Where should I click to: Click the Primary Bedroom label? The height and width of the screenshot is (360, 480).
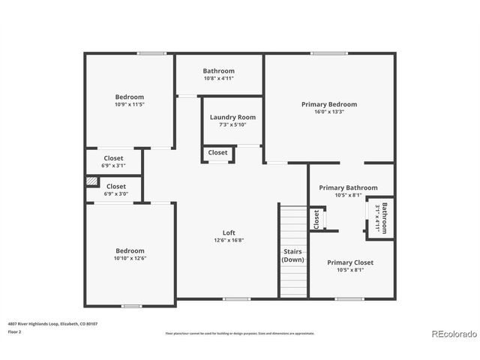(x=329, y=104)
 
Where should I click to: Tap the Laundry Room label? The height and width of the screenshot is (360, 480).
(x=232, y=117)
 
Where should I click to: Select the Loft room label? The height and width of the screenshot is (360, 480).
(x=229, y=232)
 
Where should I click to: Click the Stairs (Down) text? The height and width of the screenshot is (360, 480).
(x=292, y=255)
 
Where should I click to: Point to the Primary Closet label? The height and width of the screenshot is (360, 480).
(x=350, y=262)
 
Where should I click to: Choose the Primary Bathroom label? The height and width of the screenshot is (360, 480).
(x=348, y=187)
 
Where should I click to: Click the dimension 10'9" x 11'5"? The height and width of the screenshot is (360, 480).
(x=129, y=104)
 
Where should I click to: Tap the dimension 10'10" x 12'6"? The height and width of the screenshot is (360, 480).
(x=129, y=259)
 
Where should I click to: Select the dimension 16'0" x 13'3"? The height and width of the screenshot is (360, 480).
(x=329, y=112)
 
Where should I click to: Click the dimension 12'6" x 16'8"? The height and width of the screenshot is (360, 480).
(x=229, y=241)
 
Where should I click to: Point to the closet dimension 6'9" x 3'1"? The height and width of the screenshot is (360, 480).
(x=114, y=166)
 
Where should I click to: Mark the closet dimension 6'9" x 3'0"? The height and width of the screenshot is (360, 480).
(x=116, y=193)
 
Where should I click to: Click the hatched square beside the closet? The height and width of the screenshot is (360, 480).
(x=91, y=181)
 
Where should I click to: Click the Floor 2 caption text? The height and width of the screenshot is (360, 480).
(x=15, y=331)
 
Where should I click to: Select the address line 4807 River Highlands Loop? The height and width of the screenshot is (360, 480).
(x=52, y=323)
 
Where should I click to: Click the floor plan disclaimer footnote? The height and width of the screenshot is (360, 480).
(x=240, y=333)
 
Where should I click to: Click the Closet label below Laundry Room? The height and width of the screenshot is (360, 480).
(x=217, y=153)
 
